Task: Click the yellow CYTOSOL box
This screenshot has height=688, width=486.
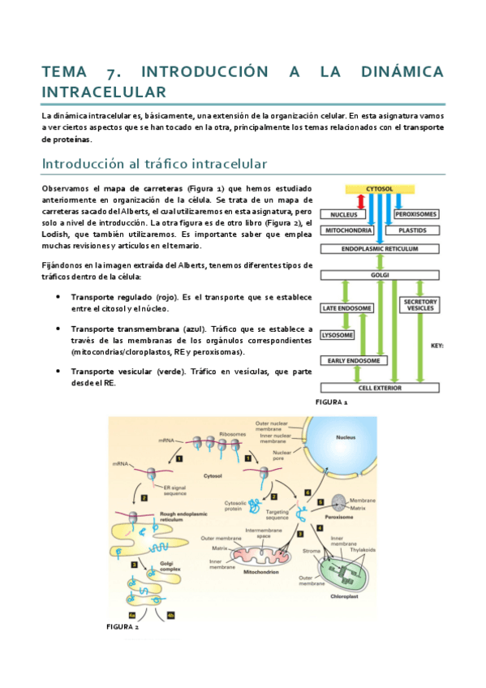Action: [x=380, y=188]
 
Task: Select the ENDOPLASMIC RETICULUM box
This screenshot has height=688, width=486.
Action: [x=380, y=249]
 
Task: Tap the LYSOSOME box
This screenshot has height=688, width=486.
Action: [x=337, y=333]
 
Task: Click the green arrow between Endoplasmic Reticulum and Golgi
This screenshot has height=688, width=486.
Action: [x=380, y=262]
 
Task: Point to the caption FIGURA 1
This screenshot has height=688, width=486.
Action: [x=331, y=402]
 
